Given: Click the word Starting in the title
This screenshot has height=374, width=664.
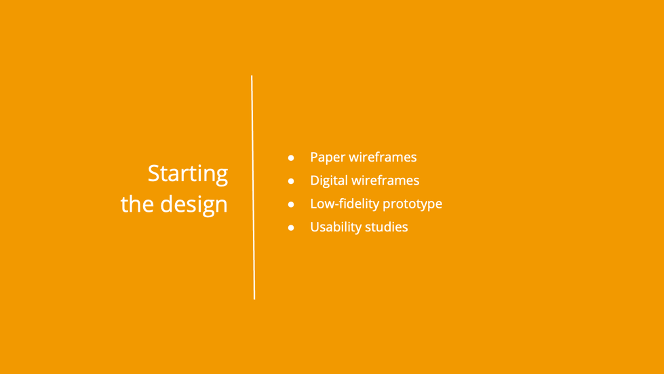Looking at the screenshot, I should point(188,174).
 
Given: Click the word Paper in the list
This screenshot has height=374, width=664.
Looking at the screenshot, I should point(327,157).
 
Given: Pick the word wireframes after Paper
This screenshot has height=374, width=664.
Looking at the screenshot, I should point(382,157).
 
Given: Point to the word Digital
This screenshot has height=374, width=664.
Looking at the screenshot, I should point(328,181).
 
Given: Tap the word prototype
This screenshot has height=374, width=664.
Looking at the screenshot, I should point(412,204).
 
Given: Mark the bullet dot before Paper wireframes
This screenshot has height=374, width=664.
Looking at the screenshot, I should point(291,157).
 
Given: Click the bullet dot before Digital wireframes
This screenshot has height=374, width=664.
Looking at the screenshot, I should point(291,181).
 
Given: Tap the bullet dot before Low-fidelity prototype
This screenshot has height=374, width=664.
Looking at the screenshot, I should point(291,204).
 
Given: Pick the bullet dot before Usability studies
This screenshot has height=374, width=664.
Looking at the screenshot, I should point(291,228).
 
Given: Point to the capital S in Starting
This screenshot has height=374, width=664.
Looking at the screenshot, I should point(153,173).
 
